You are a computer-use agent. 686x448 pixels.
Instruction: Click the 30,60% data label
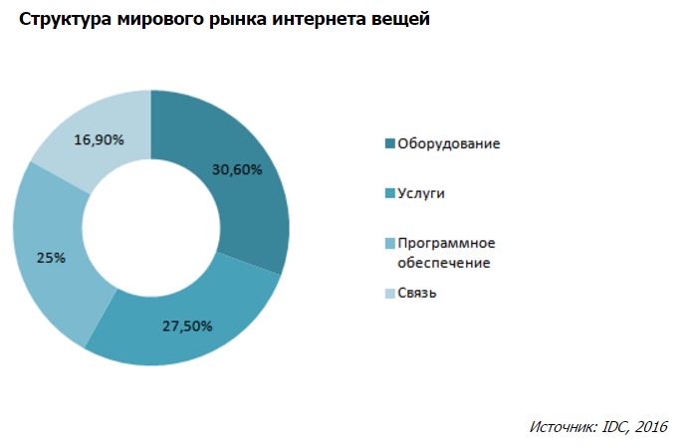coord(236,169)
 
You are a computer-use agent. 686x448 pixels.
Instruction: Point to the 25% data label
coord(52,257)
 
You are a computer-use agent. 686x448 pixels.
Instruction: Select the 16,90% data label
coord(99,140)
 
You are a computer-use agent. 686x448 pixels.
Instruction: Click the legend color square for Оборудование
coord(389,143)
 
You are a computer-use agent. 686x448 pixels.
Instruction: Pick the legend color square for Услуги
coord(389,193)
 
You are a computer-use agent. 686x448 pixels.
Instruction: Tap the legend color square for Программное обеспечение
coord(389,244)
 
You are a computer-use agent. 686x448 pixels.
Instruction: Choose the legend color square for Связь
coord(389,294)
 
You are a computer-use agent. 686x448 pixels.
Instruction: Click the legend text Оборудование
coord(448,143)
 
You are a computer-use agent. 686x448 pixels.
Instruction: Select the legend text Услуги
coord(421,193)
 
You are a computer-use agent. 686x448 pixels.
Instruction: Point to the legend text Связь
coord(417,294)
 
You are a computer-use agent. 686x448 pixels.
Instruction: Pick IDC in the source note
coord(613,426)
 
